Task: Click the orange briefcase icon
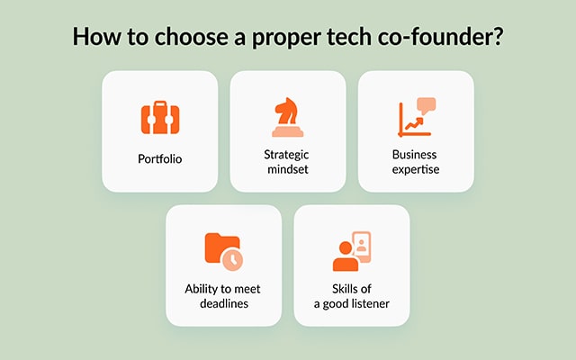click(159, 118)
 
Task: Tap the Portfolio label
click(159, 158)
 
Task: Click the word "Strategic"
click(288, 153)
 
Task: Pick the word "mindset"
click(288, 168)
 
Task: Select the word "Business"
click(415, 153)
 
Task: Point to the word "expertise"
click(415, 168)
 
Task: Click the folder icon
click(220, 248)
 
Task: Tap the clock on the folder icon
click(232, 259)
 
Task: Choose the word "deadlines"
click(224, 303)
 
